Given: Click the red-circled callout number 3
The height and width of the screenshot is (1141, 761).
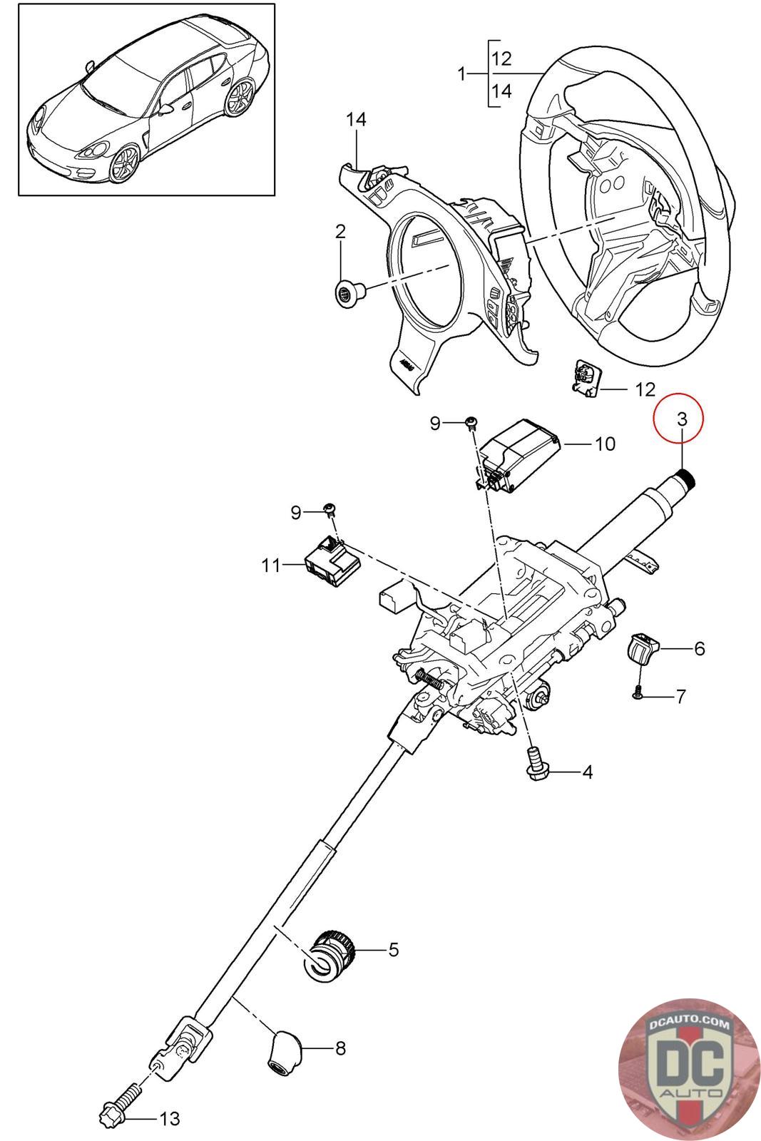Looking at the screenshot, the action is point(682,419).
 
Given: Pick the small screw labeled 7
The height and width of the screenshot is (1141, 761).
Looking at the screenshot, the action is point(638,694).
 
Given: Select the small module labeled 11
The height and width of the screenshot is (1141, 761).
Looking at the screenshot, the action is point(332,562).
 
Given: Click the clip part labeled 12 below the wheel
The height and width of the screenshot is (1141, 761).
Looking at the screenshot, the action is point(587,378).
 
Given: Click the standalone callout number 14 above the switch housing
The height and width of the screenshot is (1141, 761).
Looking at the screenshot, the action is point(356,120).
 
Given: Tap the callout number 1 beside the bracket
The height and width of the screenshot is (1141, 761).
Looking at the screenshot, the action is point(461,74).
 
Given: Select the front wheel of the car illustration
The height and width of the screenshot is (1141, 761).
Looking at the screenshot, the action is point(124,164).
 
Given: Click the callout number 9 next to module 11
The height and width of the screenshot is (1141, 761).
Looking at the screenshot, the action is point(296,512).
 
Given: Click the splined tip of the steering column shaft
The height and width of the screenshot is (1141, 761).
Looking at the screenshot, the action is point(687,478).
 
